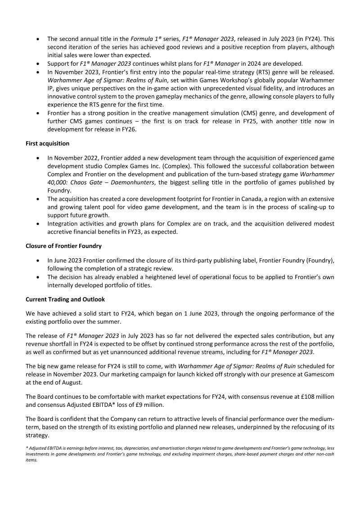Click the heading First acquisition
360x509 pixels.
tap(47, 144)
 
